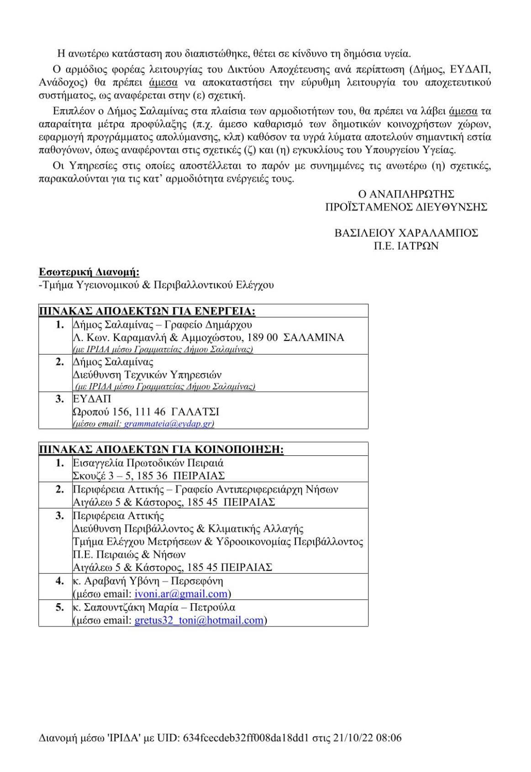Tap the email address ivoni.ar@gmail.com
[x=181, y=594]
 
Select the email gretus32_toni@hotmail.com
[x=199, y=621]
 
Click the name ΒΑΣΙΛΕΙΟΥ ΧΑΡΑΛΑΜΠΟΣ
[x=406, y=233]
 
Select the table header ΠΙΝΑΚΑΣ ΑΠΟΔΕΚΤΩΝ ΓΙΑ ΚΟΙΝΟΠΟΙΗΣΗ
[x=161, y=449]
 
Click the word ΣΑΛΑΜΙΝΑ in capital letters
[x=314, y=338]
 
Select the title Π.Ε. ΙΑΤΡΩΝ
[x=406, y=246]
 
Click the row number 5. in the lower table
[x=59, y=608]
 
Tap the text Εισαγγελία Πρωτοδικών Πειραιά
[x=148, y=463]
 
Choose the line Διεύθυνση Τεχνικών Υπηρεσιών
[x=147, y=375]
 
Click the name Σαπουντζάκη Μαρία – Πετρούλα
[x=154, y=608]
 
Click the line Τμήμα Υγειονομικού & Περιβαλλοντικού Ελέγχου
[x=156, y=286]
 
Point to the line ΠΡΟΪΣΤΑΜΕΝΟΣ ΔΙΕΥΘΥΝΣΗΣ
[x=406, y=207]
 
